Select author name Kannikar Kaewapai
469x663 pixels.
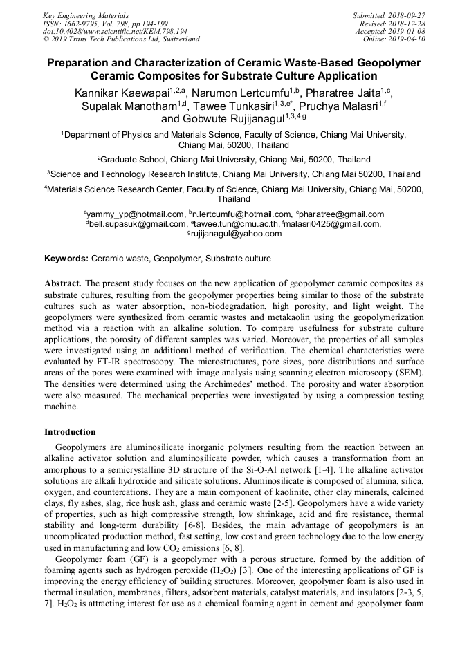121,92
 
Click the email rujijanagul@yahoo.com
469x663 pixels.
236,234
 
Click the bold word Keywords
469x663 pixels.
66,259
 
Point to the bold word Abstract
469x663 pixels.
63,283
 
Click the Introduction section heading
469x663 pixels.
70,432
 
